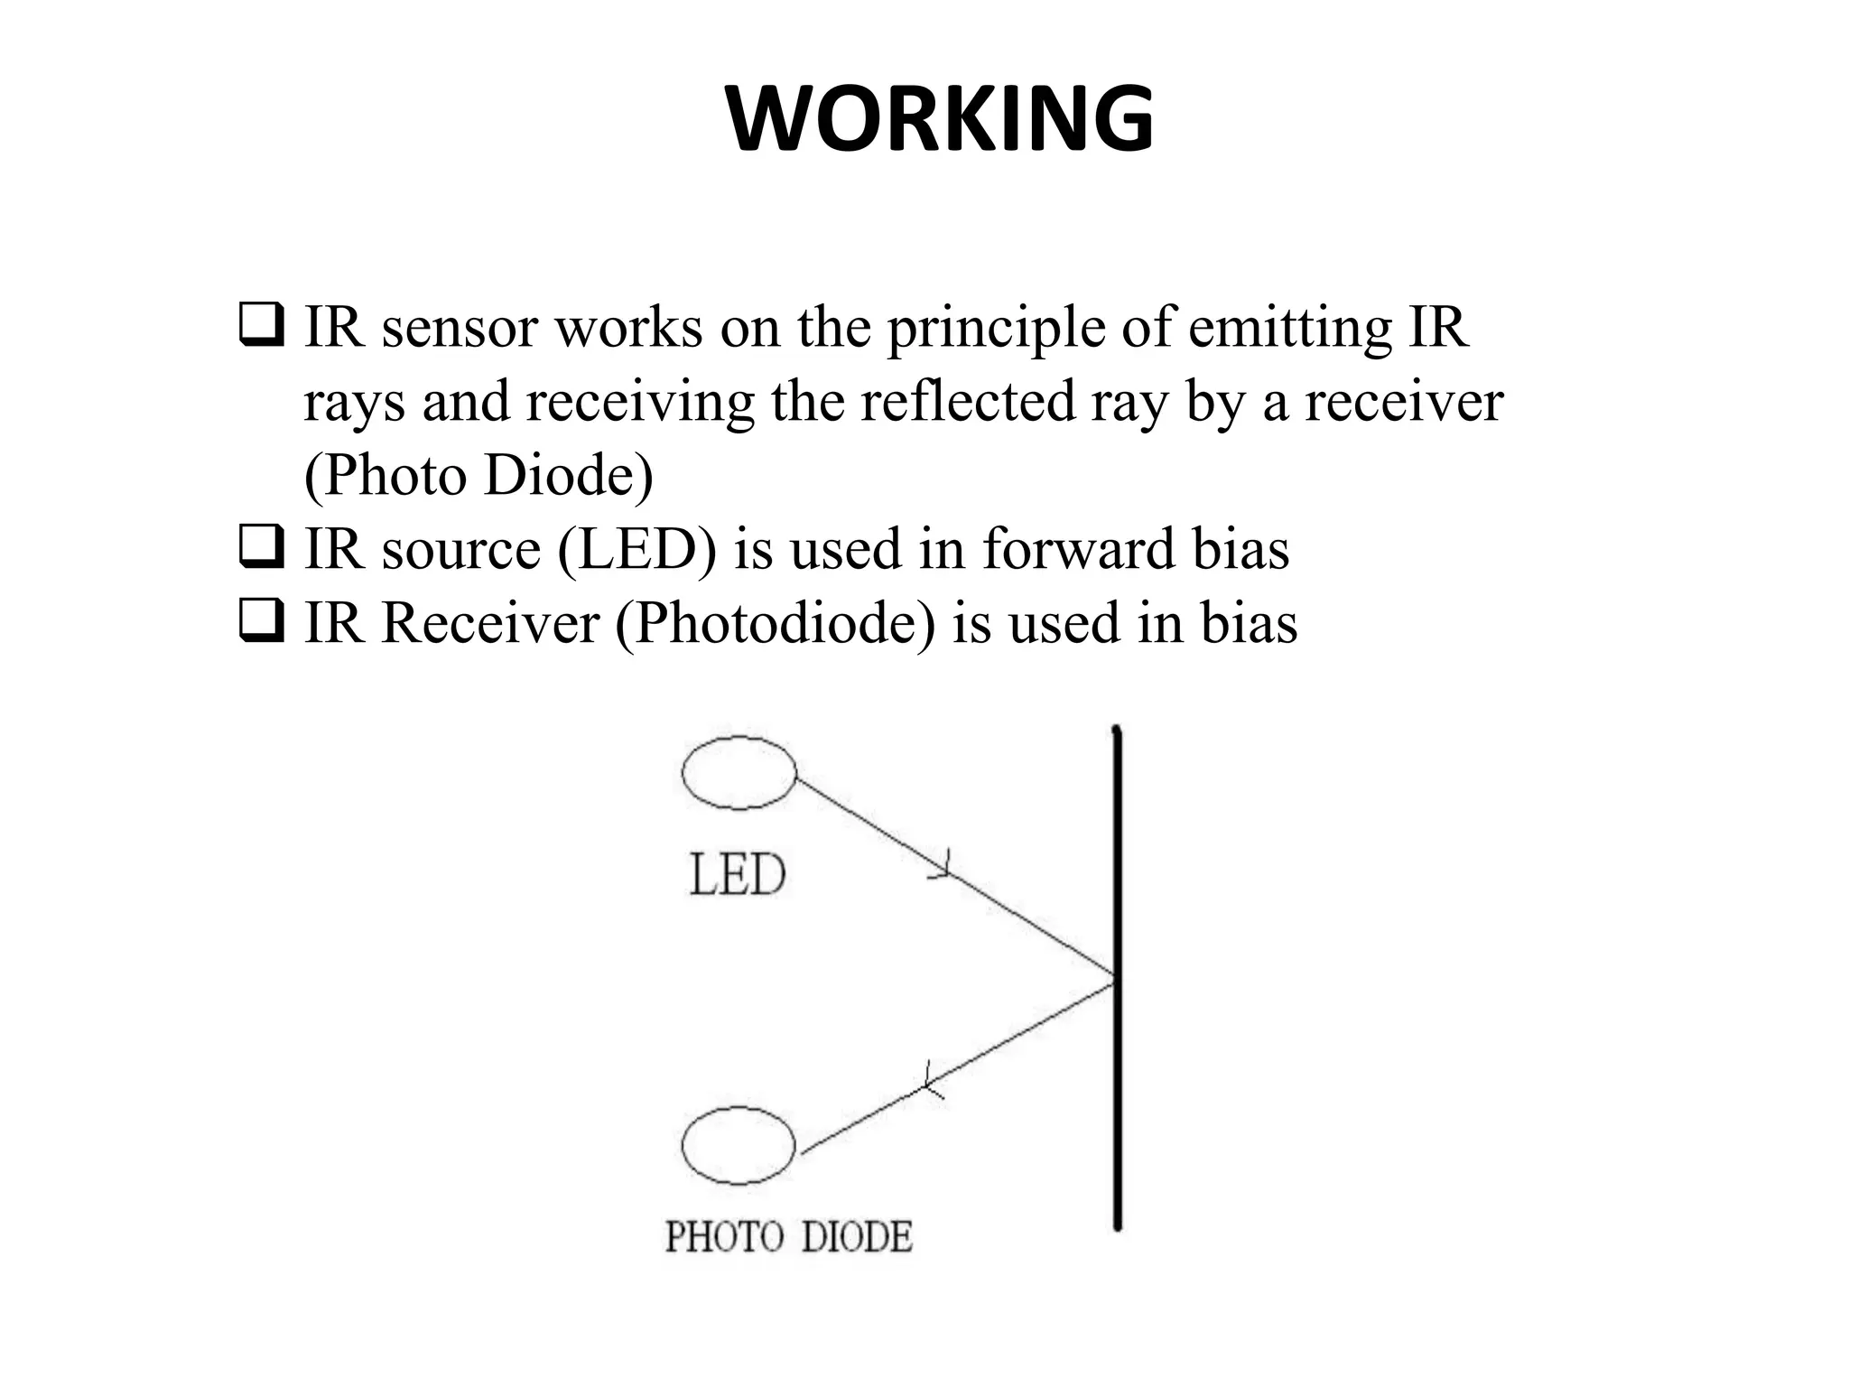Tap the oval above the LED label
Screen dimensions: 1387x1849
point(739,773)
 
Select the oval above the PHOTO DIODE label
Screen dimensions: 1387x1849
point(739,1145)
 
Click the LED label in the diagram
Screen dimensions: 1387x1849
point(738,875)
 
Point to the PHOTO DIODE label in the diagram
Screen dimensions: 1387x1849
point(788,1236)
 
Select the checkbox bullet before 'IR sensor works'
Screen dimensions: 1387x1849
point(262,327)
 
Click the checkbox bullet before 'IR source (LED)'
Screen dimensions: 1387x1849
point(262,549)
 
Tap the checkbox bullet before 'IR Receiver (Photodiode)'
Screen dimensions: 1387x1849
point(262,623)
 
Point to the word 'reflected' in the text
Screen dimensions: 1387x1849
point(967,401)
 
